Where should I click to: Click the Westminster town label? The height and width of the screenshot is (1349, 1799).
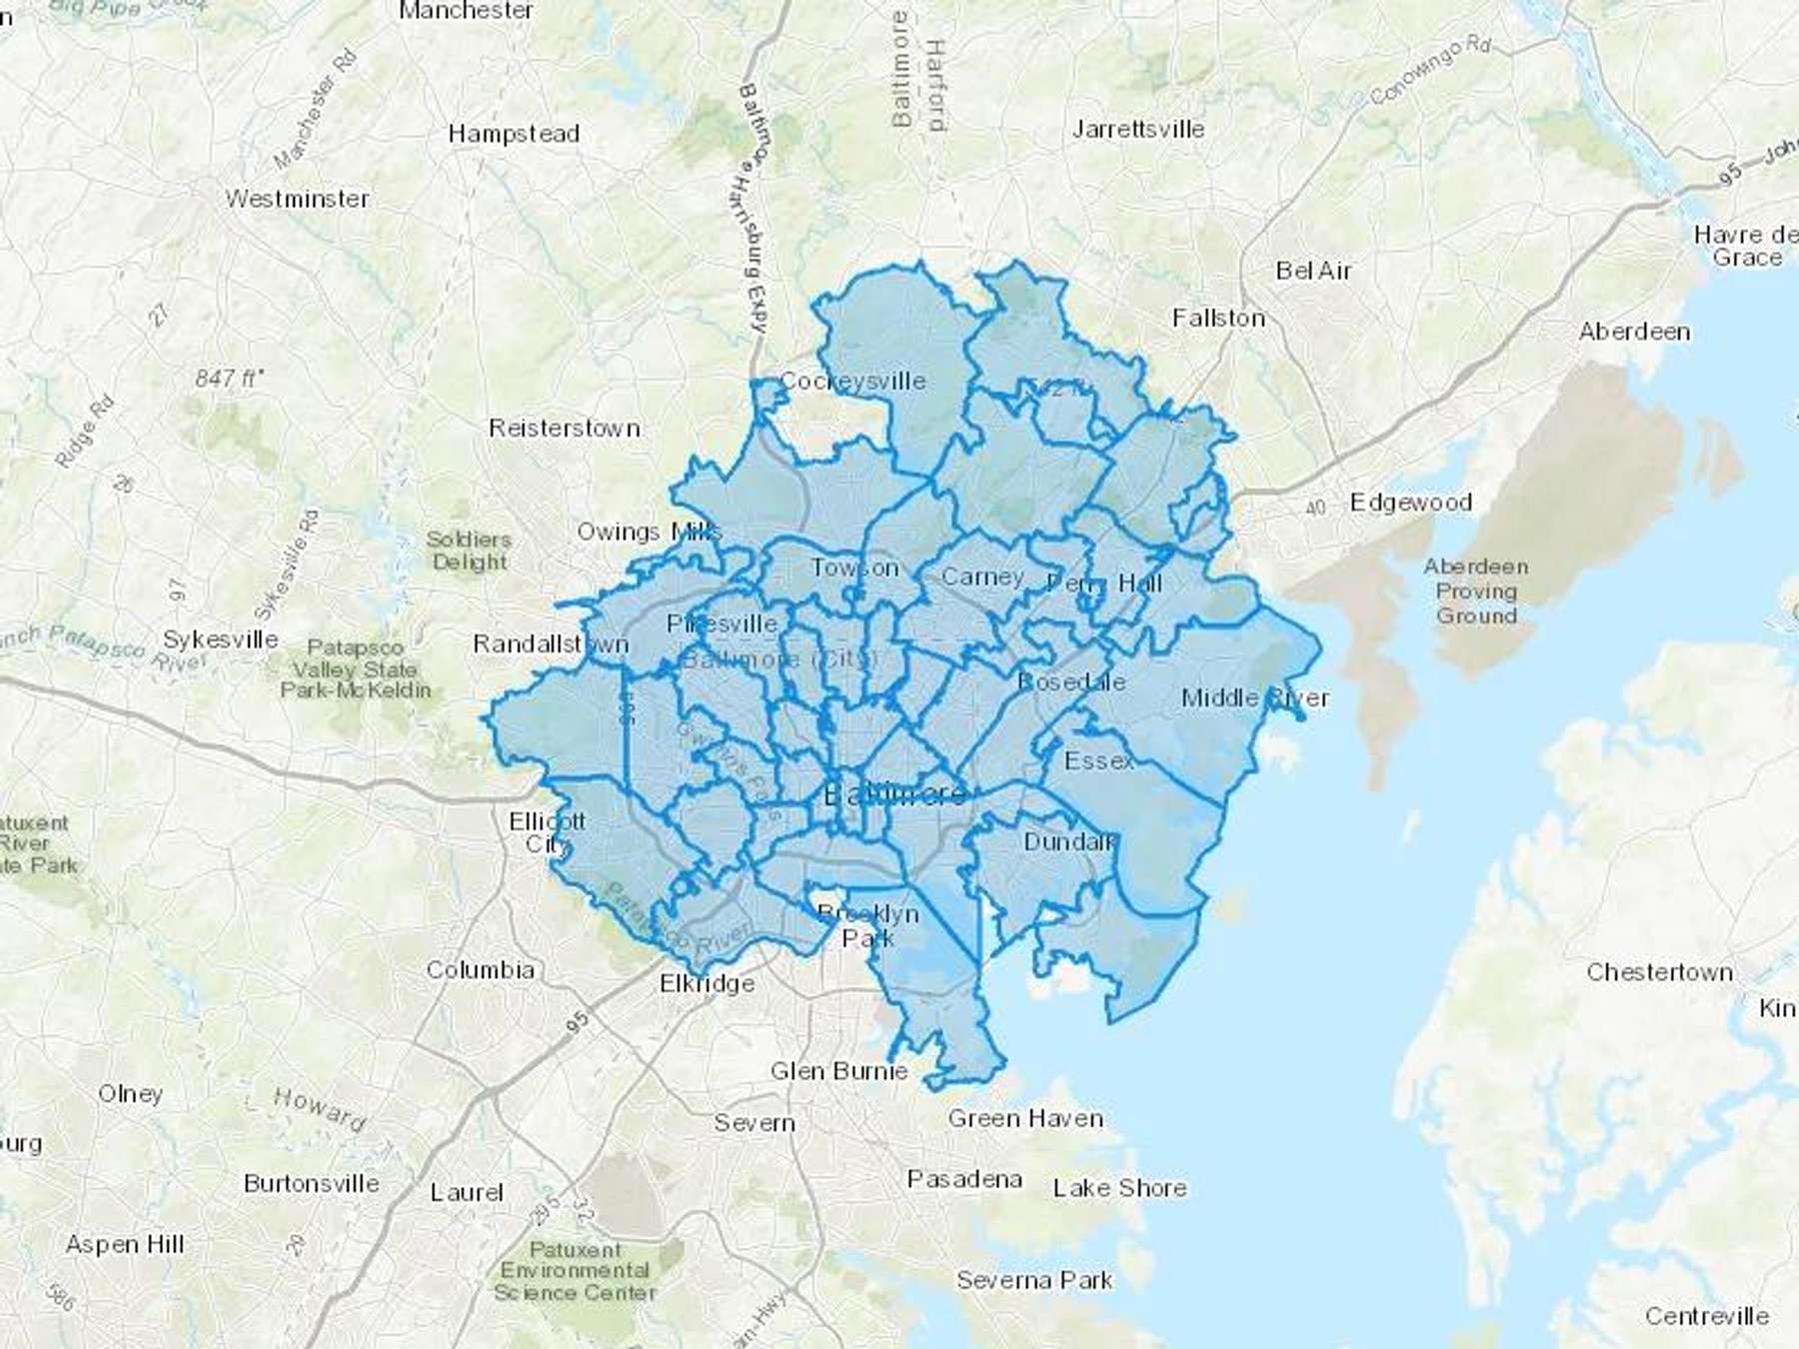coord(297,199)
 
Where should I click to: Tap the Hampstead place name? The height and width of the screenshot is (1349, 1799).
coord(514,134)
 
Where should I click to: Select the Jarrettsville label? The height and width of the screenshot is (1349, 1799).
coord(1138,129)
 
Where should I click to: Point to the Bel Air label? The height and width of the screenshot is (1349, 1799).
coord(1313,271)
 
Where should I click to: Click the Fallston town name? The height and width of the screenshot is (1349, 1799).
coord(1218,318)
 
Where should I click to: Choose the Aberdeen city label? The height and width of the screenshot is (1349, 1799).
coord(1634,332)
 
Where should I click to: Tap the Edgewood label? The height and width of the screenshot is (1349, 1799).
coord(1410,502)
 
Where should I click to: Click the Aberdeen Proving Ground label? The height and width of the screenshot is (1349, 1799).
coord(1476,591)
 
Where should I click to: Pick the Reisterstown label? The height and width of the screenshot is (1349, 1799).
coord(564,428)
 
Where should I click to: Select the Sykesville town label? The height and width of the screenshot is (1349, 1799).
coord(221,640)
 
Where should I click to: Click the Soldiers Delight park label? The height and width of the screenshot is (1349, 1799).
coord(469,551)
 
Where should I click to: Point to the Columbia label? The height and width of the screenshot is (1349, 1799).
coord(481,969)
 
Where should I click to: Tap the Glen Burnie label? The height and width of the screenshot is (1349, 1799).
coord(839,1071)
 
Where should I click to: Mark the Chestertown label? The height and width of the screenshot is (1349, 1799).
coord(1659,972)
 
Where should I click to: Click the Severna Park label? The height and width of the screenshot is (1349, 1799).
coord(1034,1280)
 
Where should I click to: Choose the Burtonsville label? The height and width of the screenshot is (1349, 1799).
coord(312,1184)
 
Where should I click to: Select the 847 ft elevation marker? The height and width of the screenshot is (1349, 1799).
coord(230,379)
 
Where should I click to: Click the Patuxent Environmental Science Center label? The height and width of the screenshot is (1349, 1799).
coord(575,1271)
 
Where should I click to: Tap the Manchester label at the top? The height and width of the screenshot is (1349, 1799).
coord(466,11)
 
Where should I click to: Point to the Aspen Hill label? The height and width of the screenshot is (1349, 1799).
coord(125,1245)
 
